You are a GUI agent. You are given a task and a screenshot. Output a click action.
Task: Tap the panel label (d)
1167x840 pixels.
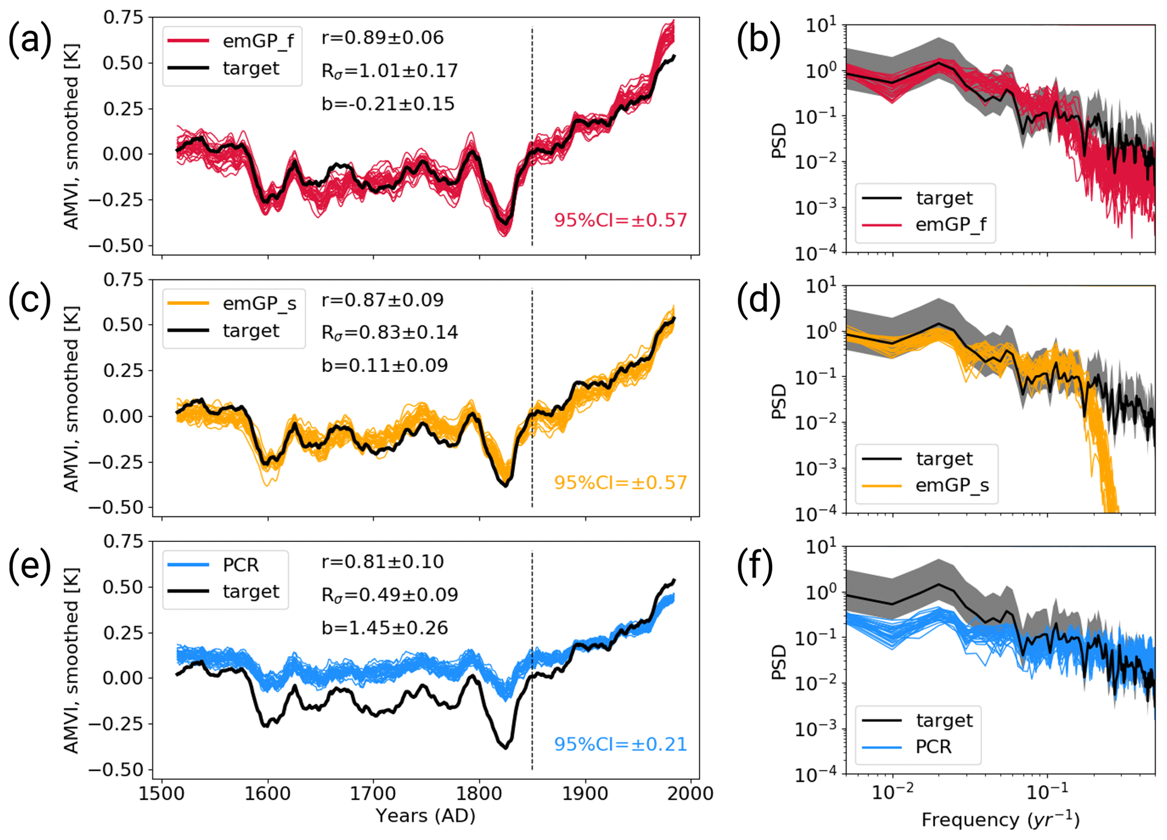pos(758,299)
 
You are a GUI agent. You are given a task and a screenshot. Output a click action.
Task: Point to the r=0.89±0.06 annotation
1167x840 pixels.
pos(382,38)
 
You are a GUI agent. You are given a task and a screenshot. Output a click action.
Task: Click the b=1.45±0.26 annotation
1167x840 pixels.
pos(384,628)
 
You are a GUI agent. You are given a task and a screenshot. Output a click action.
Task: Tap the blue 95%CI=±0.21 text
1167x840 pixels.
pos(620,745)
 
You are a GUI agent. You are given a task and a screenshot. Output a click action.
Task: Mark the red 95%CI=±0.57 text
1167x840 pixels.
pos(620,220)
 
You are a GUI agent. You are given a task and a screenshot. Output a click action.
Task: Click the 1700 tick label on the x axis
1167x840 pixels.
pos(373,794)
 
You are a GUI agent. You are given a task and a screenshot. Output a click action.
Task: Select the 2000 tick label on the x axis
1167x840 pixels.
pos(690,794)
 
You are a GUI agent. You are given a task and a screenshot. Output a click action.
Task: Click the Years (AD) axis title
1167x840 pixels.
pos(425,816)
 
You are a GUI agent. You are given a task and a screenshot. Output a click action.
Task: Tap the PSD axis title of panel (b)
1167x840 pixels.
pos(779,141)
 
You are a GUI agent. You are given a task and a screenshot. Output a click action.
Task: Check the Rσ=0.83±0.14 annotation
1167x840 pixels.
pos(390,333)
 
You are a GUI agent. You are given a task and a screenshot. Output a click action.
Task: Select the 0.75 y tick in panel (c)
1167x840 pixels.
pos(123,279)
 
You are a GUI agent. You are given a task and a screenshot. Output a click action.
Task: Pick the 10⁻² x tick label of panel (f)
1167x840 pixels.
pos(892,793)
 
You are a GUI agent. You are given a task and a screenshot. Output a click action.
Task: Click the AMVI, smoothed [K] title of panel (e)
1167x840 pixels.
pos(71,660)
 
